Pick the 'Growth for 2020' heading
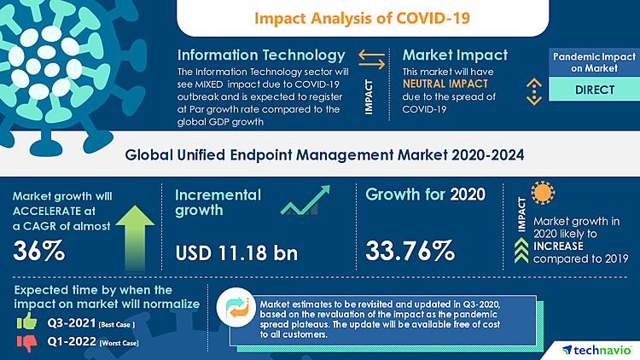[425, 195]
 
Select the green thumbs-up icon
[26, 322]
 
